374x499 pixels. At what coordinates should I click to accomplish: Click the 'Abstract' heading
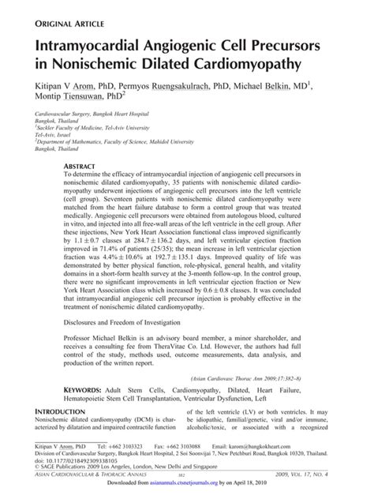[x=81, y=167]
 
